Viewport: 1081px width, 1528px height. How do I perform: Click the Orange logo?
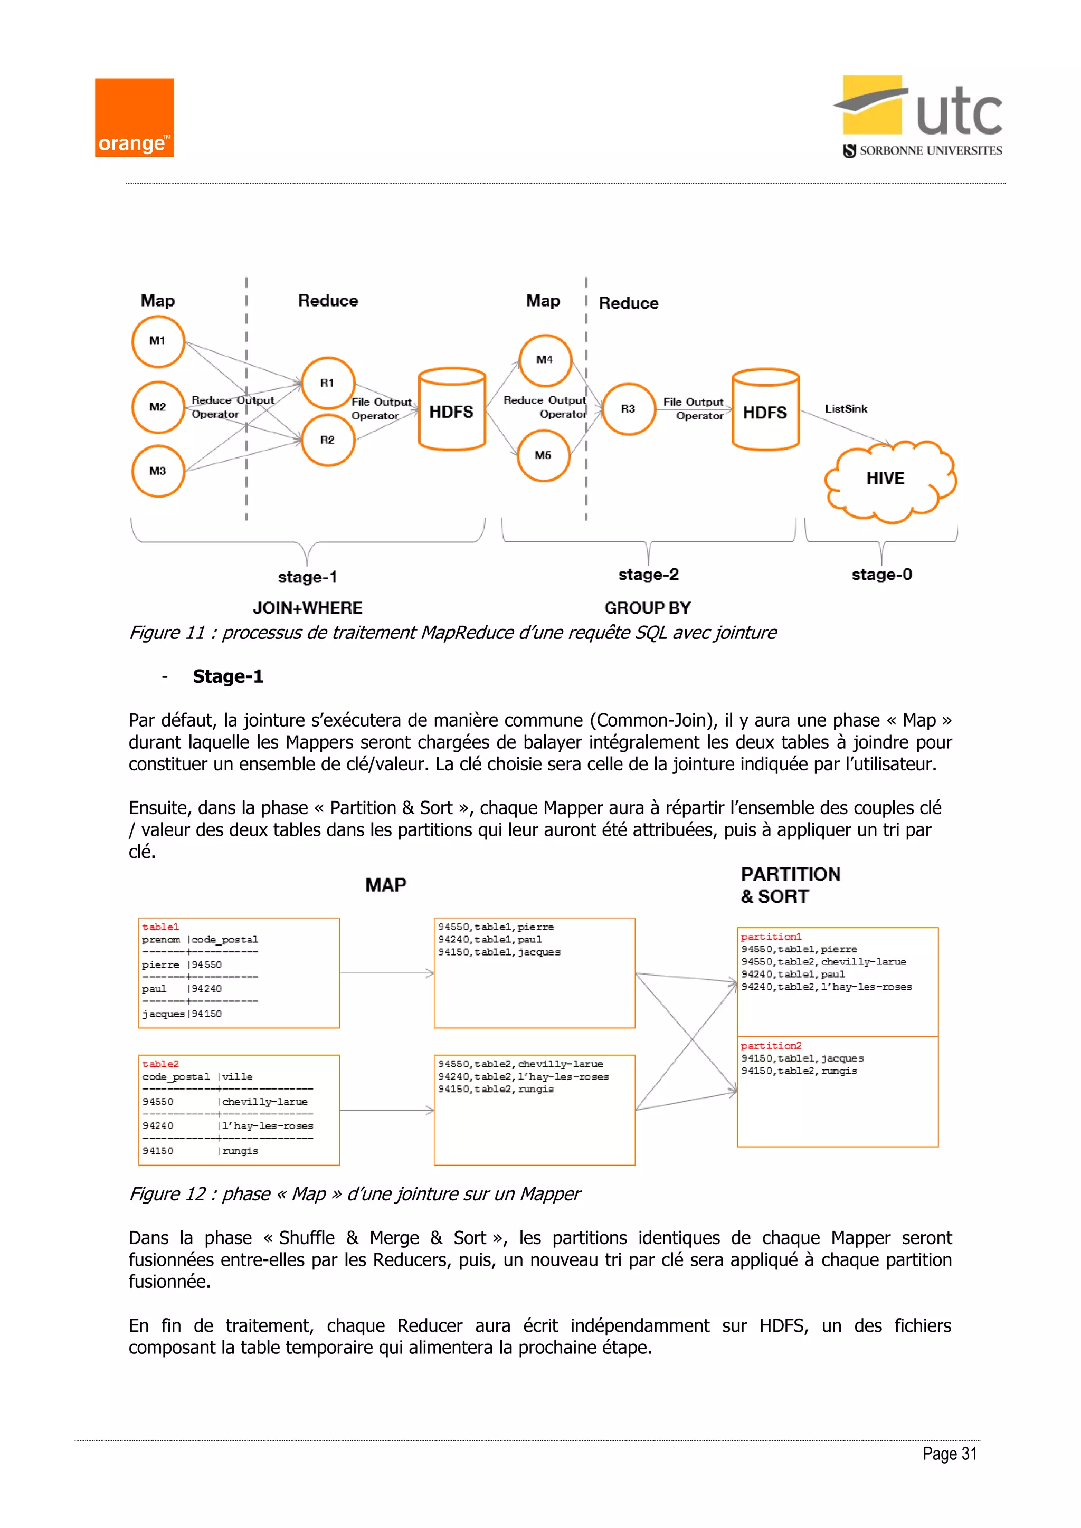tap(134, 118)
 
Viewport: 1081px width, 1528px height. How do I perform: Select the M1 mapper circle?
tap(158, 341)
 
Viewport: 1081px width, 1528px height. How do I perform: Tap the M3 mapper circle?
tap(158, 471)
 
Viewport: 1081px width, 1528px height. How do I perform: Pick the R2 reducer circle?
tap(327, 440)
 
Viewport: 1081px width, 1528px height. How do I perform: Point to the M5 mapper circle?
tap(543, 456)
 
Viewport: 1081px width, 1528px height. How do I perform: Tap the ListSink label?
tap(846, 408)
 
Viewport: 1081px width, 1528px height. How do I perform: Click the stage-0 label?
tap(881, 575)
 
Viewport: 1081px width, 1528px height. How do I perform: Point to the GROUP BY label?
tap(647, 608)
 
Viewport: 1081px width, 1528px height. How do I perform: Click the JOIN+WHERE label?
tap(308, 608)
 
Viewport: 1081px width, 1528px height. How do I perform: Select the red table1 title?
tap(160, 927)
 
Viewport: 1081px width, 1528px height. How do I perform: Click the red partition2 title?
tap(771, 1046)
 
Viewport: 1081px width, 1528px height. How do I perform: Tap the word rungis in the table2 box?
tap(240, 1151)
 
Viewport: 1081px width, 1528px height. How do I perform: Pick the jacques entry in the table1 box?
tap(163, 1014)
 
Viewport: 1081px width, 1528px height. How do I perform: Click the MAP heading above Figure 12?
tap(385, 885)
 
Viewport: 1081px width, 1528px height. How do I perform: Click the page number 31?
tap(969, 1454)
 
